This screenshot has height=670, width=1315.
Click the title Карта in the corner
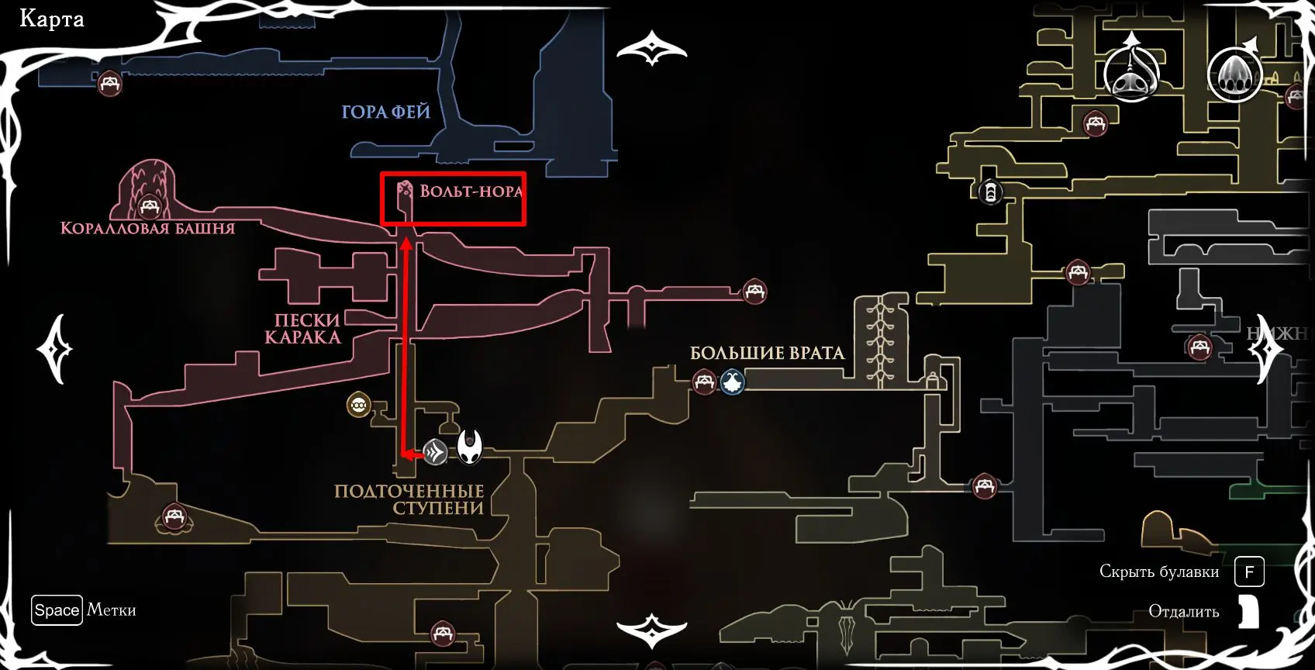tap(51, 19)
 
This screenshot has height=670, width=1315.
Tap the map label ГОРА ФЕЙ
tap(385, 112)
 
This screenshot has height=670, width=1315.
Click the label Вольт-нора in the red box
tap(471, 192)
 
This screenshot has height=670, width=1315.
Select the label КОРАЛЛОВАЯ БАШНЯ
tap(147, 228)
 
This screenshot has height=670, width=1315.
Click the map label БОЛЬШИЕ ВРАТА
tap(766, 354)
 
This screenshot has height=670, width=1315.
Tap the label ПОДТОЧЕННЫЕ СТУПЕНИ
tap(409, 499)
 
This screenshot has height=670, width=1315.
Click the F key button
tap(1249, 572)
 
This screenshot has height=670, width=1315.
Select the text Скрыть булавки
tap(1158, 572)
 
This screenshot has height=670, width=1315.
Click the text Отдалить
tap(1183, 612)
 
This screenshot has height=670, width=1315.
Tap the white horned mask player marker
tap(470, 447)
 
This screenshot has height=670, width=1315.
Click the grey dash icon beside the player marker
tap(435, 451)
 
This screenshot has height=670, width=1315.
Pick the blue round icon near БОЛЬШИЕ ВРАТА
tap(732, 382)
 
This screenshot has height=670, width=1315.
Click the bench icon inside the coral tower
tap(149, 207)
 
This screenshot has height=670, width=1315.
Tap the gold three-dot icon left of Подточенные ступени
tap(358, 404)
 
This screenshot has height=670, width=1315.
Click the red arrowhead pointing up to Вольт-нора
tap(406, 248)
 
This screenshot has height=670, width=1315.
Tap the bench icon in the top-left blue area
tap(109, 82)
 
